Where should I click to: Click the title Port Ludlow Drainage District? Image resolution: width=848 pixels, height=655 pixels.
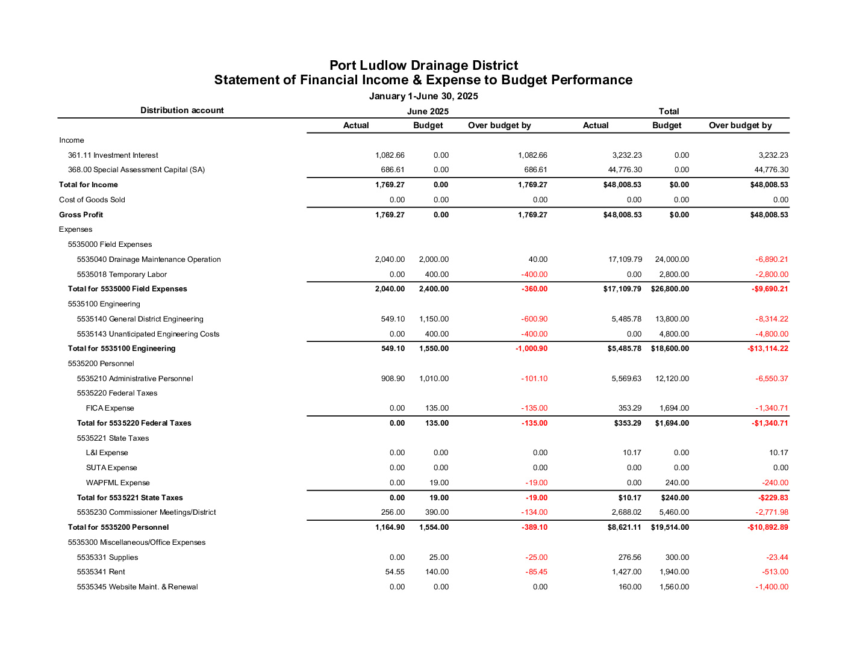(x=423, y=66)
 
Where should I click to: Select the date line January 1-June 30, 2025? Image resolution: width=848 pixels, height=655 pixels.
(x=423, y=96)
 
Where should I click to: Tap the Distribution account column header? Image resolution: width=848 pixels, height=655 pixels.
(x=182, y=110)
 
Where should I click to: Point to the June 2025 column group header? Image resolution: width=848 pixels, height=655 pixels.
(x=428, y=111)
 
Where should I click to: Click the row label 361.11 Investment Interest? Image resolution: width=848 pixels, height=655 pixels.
(x=113, y=155)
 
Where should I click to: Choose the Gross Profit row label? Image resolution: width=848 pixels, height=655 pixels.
(x=81, y=215)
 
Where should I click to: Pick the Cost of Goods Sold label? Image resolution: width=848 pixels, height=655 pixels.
(x=92, y=200)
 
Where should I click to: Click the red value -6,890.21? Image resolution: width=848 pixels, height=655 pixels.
(x=772, y=259)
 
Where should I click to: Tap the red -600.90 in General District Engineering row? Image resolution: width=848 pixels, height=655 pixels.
(x=534, y=319)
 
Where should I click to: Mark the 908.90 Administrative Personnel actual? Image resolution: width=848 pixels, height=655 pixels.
(x=393, y=379)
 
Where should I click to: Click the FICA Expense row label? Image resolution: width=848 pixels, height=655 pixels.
(x=110, y=408)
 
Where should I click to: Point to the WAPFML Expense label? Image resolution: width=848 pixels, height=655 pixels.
(x=118, y=483)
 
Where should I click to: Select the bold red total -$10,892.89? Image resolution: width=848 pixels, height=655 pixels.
(x=767, y=527)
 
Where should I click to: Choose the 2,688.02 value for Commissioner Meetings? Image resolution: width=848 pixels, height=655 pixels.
(x=626, y=512)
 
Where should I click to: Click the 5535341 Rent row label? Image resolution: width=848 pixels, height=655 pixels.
(x=101, y=572)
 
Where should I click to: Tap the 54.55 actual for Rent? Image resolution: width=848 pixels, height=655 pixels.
(x=395, y=572)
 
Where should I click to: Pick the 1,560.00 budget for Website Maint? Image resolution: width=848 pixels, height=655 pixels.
(x=675, y=587)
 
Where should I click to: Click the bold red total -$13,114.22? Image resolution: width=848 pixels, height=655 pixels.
(x=767, y=349)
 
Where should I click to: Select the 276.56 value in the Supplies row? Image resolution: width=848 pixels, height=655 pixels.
(x=629, y=557)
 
